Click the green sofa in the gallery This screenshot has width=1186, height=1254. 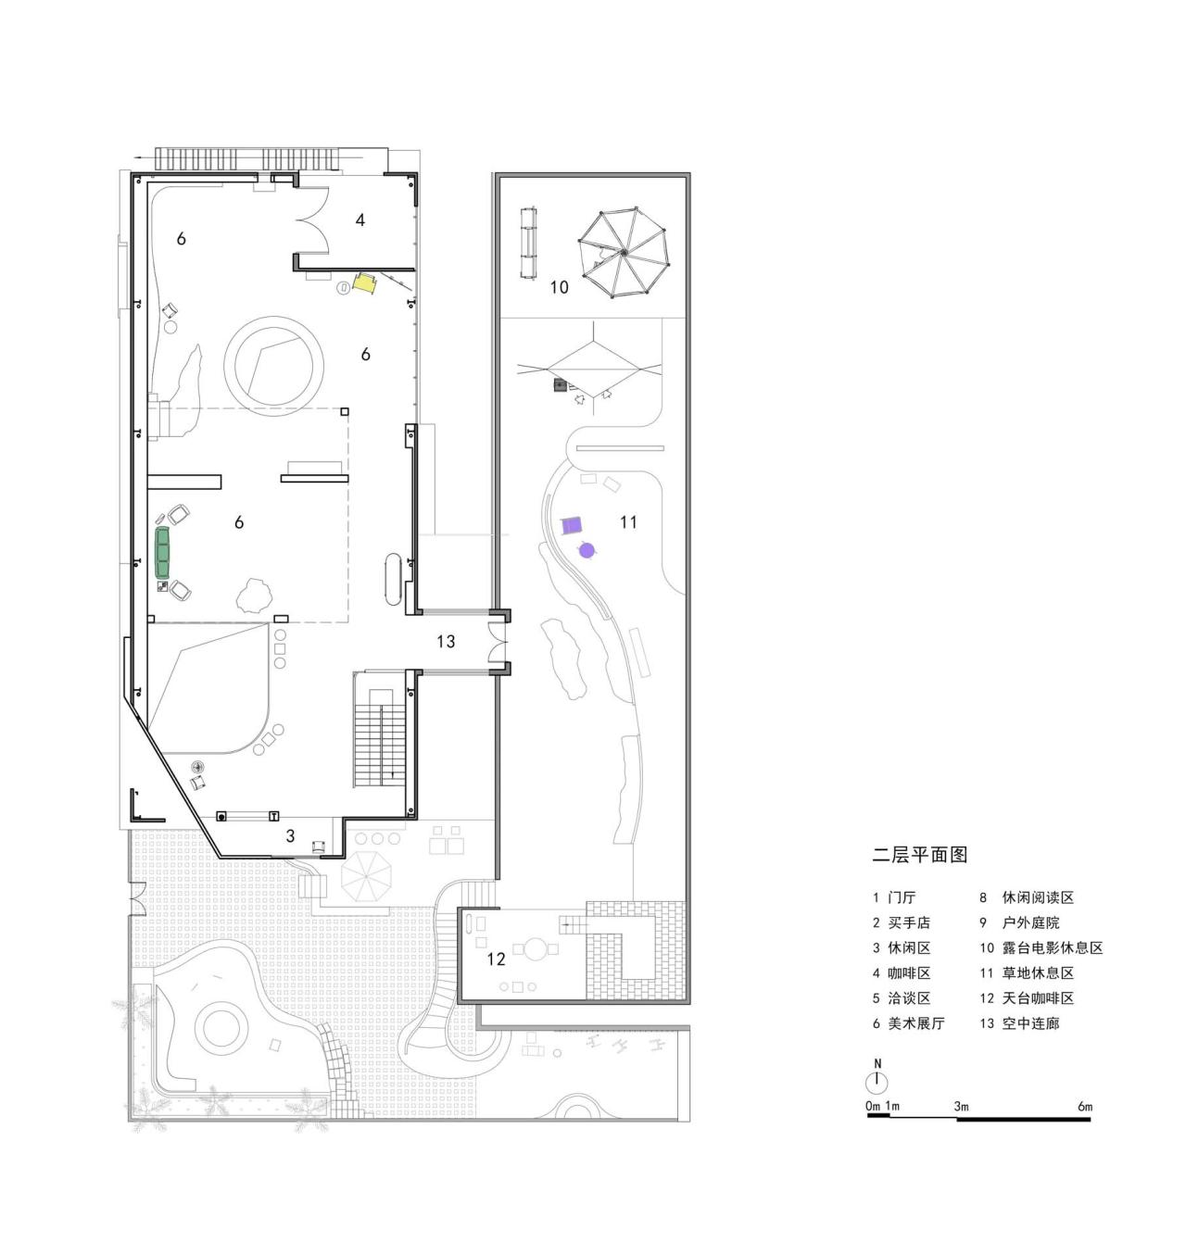pos(164,551)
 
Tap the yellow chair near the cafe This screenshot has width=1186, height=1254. pos(364,283)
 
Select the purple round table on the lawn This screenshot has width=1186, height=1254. pos(586,550)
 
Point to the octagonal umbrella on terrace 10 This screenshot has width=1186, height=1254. pos(624,252)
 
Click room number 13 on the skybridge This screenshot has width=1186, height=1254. pos(446,641)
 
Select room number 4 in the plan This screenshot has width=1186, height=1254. pos(360,219)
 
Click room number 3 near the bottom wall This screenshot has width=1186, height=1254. pos(290,836)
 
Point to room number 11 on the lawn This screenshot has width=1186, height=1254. pos(628,522)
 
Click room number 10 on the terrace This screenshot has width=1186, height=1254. pos(559,287)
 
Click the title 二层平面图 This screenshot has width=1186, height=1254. pos(919,855)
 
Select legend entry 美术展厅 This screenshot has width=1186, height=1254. pos(915,1023)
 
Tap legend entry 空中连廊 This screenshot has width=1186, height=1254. pos(1030,1023)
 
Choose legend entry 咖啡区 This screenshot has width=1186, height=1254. pos(909,973)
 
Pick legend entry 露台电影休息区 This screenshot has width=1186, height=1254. pos(1052,948)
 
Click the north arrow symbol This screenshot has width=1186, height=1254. pos(877,1082)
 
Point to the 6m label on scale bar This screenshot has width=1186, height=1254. pos(1085,1107)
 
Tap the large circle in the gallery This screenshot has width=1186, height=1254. pos(275,361)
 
